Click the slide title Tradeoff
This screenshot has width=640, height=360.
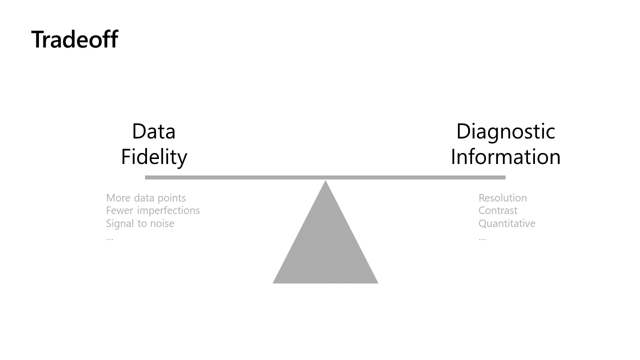tap(74, 39)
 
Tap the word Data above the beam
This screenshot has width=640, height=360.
tap(153, 131)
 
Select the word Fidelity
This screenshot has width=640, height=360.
tap(154, 156)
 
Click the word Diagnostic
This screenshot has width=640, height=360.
tap(505, 131)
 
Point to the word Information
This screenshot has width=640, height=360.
tap(505, 156)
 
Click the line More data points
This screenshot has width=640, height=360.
tap(146, 198)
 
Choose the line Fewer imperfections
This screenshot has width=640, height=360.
tap(153, 210)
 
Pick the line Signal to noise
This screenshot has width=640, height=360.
tap(140, 223)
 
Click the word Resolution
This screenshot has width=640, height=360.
tap(502, 198)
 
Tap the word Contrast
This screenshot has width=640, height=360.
tap(498, 210)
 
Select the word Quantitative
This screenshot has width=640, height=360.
tap(507, 223)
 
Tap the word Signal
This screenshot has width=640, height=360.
tap(119, 223)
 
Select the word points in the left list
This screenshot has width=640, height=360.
tap(171, 198)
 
